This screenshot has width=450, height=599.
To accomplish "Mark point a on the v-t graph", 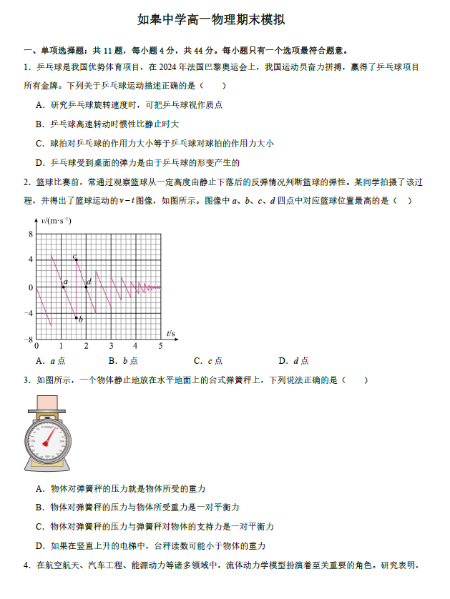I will point(62,287).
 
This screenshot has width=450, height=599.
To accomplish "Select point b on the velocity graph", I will point(76,317).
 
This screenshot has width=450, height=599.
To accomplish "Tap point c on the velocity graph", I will point(77,259).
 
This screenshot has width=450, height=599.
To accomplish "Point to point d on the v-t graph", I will point(86,287).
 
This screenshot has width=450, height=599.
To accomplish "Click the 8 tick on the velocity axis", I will point(30,234).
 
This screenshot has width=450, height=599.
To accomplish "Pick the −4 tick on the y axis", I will point(29,313).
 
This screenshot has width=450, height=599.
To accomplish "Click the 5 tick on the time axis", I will point(160,346).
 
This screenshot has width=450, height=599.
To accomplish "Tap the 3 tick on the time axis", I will point(110,346).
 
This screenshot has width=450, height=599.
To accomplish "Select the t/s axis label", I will point(170,334).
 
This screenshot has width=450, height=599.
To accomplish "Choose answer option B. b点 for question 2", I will point(122,361).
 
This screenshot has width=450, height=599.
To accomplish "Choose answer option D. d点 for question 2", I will point(293,361).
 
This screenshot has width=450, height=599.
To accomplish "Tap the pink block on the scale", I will point(49,404).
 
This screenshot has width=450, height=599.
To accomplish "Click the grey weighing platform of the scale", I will point(49,414).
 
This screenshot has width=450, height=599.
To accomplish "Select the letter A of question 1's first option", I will point(38,105).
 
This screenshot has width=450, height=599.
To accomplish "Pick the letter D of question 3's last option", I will point(38,545).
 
